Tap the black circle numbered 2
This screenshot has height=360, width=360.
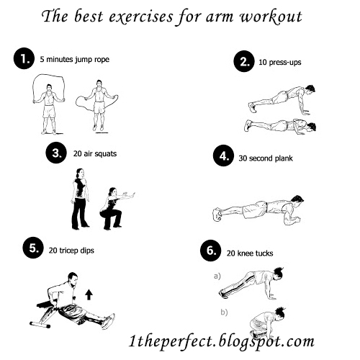[x=246, y=62]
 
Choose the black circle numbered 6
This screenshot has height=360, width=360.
[x=210, y=252]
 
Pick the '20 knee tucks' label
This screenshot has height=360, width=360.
[x=251, y=253]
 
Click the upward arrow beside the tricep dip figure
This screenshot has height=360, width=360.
[x=89, y=294]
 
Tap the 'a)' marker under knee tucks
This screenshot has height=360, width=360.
[x=216, y=276]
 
